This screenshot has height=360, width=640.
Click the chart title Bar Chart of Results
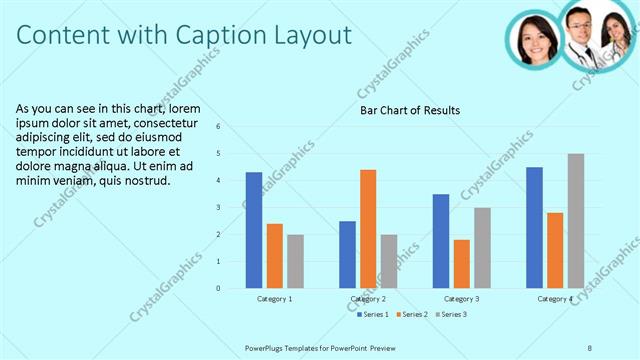pos(410,110)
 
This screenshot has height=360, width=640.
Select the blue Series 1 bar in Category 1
pos(254,230)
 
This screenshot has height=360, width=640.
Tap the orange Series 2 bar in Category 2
pos(368,229)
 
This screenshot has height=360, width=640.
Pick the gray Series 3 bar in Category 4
pos(576,221)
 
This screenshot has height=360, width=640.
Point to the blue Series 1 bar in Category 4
pos(534,227)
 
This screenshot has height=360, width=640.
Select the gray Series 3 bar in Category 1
pos(295,261)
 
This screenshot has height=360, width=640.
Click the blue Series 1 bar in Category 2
pos(347,254)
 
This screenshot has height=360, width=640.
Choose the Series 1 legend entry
pos(375,314)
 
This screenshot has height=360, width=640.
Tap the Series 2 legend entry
pos(413,314)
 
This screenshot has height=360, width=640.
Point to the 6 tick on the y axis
pos(231,127)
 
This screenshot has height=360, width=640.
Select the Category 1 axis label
pos(274,298)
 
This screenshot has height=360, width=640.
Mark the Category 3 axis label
pos(461,298)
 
